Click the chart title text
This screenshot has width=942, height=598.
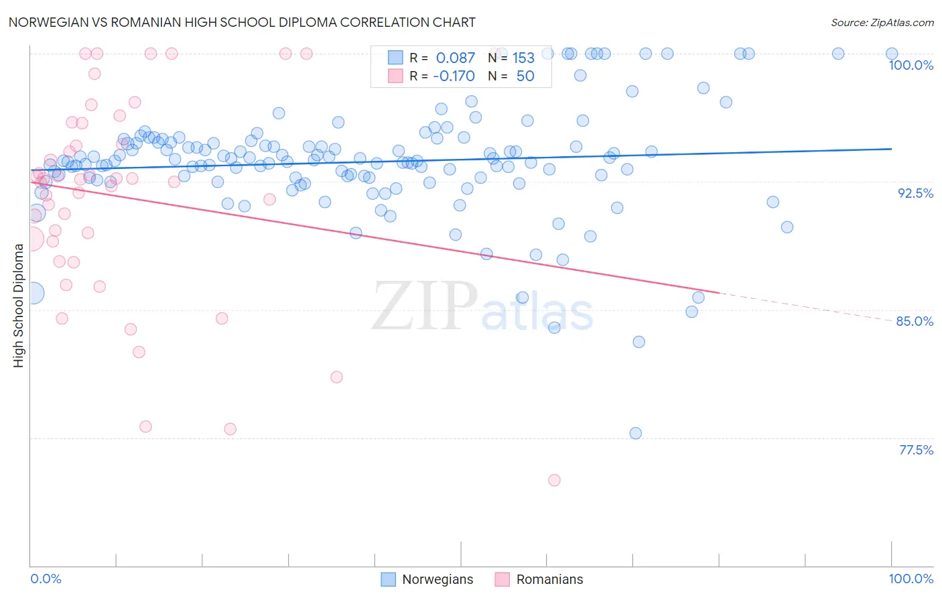coord(242,22)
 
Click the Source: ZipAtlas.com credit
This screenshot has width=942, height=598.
coord(882,22)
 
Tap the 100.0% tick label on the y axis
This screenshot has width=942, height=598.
coord(911,65)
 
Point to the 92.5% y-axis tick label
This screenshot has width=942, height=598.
coord(915,193)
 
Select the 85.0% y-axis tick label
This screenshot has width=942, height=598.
coord(915,321)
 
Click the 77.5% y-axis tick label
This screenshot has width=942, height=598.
coord(916,450)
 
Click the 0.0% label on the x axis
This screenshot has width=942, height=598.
coord(46,579)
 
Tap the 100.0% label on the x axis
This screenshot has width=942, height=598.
coord(911,579)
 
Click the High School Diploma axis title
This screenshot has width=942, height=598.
coord(19,305)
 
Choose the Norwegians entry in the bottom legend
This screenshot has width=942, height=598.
coord(437,579)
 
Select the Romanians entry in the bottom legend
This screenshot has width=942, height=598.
coord(549,579)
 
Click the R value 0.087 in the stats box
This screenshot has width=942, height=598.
coord(455,58)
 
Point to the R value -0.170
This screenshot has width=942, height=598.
coord(454,76)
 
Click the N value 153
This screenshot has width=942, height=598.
coord(523,58)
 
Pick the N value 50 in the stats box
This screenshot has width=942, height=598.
coord(525,76)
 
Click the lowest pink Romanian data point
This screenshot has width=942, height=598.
coord(554,480)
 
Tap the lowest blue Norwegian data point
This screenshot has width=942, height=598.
coord(636,433)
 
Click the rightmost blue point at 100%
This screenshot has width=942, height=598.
coord(892,54)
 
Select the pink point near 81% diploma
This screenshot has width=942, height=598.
coord(336,377)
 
